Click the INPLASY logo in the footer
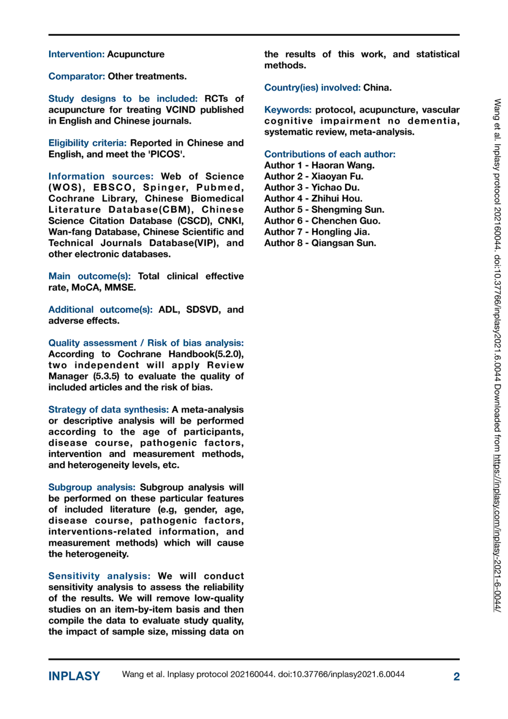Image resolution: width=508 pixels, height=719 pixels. click(x=74, y=676)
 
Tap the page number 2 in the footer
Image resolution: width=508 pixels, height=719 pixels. click(x=456, y=676)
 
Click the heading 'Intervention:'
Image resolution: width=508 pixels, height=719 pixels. click(x=76, y=54)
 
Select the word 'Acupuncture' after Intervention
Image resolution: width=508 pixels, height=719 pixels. click(x=136, y=54)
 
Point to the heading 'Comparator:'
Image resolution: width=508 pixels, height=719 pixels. click(x=77, y=76)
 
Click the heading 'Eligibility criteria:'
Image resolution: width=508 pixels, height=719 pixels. click(x=87, y=143)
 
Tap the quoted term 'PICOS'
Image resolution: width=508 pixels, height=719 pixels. click(x=166, y=154)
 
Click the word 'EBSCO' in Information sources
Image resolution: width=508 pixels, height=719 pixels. click(x=112, y=187)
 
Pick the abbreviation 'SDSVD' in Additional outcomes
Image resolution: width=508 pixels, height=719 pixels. click(x=203, y=309)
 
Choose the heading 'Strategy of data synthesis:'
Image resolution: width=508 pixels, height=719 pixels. click(x=109, y=410)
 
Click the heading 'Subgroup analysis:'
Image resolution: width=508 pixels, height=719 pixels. click(x=92, y=487)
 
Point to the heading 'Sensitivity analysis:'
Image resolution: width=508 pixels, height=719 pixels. click(x=99, y=576)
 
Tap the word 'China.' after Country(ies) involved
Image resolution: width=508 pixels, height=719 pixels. click(x=377, y=88)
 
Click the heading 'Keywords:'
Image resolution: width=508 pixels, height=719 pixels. click(x=288, y=110)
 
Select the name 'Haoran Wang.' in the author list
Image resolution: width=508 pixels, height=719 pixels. click(x=343, y=165)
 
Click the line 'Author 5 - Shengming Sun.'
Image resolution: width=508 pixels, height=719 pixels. click(x=324, y=210)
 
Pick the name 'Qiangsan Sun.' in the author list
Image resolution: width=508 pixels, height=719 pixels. click(x=344, y=243)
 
